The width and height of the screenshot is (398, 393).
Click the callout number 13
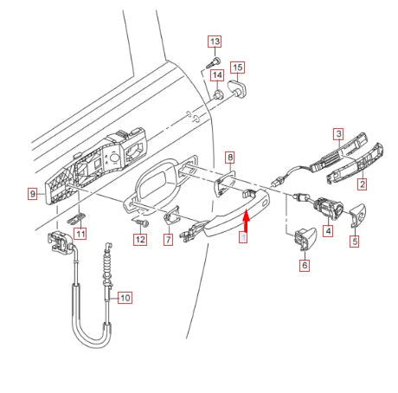coord(215,41)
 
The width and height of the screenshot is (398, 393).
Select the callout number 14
coord(217,76)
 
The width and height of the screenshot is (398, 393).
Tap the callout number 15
coord(238,67)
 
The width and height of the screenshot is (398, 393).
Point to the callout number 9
coord(31,195)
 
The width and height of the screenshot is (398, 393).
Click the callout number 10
coord(125,298)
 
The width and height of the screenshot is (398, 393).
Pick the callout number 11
coord(80,234)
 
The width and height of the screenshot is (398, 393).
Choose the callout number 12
coord(139,238)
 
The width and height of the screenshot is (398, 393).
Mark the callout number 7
coord(168,240)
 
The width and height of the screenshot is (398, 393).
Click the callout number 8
coord(229,157)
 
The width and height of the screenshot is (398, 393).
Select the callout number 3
coord(339,133)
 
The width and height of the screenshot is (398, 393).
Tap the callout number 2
coord(363,184)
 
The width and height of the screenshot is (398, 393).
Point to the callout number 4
coord(328,231)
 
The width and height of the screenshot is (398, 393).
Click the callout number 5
coord(355,242)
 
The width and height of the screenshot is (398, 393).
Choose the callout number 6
coord(304,267)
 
